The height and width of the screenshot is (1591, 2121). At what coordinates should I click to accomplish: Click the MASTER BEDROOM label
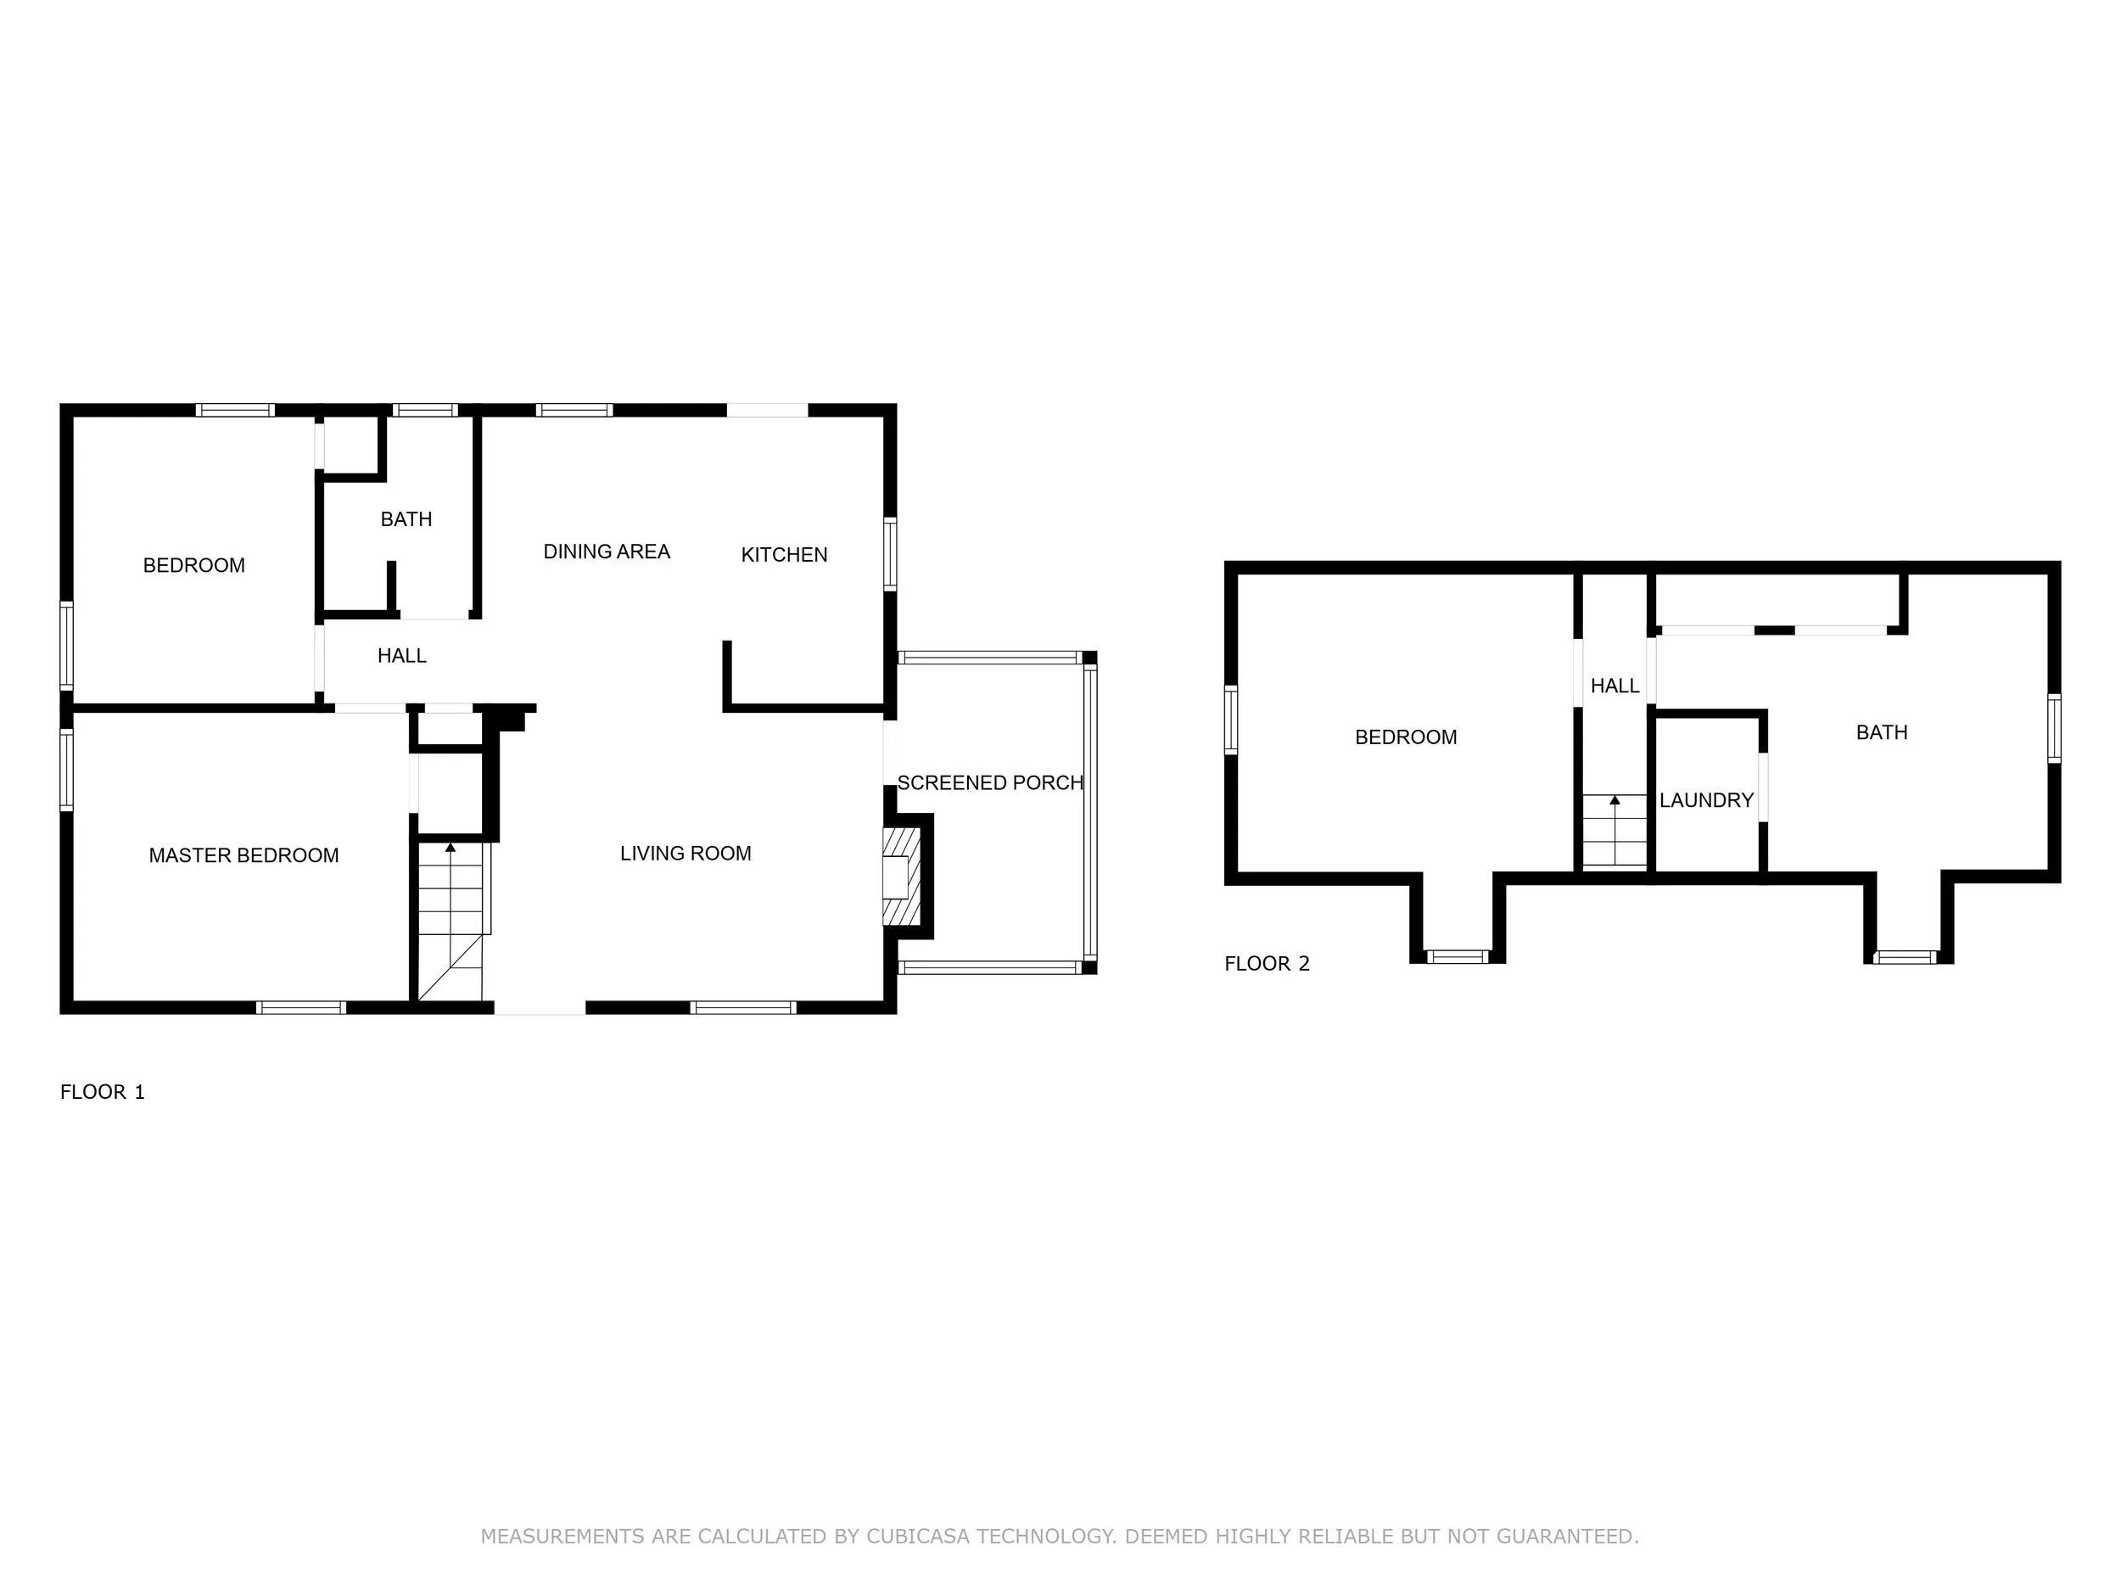[x=243, y=855]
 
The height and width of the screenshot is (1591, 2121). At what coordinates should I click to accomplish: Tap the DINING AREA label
[x=606, y=552]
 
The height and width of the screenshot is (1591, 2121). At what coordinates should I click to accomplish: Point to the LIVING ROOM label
[x=686, y=854]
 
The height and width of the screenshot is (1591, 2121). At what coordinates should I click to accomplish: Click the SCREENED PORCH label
[x=989, y=782]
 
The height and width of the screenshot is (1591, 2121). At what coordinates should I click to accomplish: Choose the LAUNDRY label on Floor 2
[x=1707, y=800]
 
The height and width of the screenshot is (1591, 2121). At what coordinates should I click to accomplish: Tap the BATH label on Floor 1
[x=406, y=518]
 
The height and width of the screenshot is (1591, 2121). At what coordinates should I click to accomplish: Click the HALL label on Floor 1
[x=402, y=656]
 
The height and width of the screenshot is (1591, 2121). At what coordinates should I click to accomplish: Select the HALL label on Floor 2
[x=1615, y=686]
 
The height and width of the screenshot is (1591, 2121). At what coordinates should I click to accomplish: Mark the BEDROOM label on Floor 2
[x=1406, y=737]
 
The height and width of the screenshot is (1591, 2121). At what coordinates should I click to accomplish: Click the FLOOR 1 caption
[x=103, y=1091]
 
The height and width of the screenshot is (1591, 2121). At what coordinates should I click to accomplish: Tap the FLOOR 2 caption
[x=1267, y=964]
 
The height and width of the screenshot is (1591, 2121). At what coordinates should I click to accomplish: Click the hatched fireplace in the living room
[x=901, y=877]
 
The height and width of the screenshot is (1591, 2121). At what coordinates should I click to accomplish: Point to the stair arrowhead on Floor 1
[x=451, y=848]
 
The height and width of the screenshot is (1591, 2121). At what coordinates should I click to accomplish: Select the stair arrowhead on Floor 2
[x=1615, y=800]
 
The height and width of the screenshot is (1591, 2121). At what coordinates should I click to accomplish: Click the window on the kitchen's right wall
[x=890, y=554]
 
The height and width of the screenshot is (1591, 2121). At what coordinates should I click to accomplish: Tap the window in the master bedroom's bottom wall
[x=301, y=1007]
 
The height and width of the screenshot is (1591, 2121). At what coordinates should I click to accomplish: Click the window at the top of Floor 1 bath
[x=426, y=411]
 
